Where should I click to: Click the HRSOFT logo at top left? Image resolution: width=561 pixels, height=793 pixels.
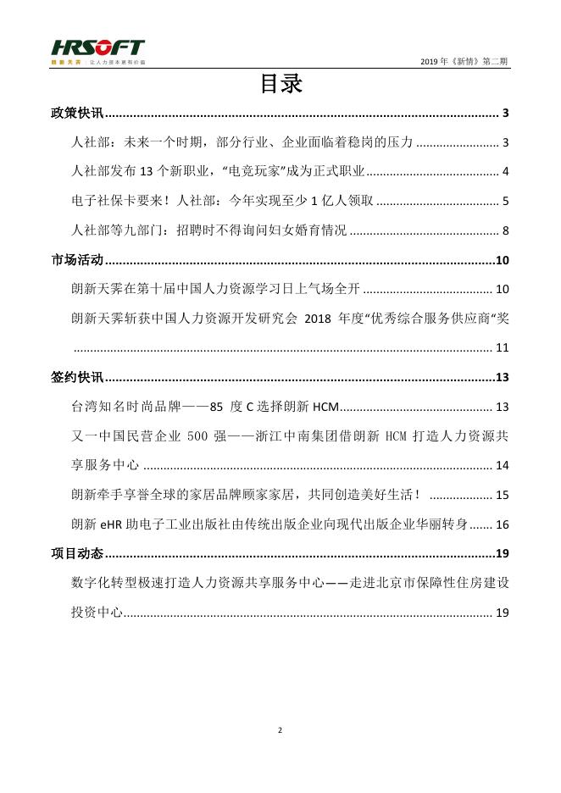97,51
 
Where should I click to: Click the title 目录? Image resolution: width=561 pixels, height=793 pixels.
280,86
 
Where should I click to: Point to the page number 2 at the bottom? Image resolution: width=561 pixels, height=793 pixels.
280,729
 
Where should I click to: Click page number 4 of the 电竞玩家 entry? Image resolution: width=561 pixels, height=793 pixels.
504,172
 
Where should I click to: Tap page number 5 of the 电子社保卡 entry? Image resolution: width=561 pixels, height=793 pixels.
504,202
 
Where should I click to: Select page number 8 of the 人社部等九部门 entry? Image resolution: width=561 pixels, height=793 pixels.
504,230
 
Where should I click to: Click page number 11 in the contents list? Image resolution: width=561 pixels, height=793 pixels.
502,348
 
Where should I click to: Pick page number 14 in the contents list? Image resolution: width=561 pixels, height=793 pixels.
502,465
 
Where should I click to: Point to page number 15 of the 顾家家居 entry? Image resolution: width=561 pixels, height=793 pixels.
502,495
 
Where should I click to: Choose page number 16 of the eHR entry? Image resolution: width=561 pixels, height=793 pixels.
502,524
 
